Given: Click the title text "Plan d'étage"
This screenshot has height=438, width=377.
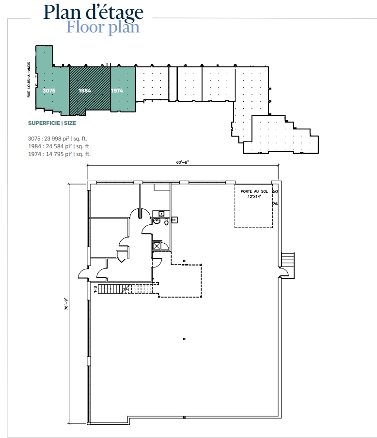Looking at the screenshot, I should tap(93, 12).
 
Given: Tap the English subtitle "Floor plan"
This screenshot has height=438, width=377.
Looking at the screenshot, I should tap(103, 27).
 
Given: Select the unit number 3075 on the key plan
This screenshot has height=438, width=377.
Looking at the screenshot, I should tap(49, 91).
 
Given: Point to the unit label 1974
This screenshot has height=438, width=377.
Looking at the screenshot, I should tap(117, 91).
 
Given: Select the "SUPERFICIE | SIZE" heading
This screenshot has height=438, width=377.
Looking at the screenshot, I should tap(52, 123).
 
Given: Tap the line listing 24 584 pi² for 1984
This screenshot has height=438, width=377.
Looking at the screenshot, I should tap(59, 146).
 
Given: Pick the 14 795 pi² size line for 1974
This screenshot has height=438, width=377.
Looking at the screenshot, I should tap(59, 154).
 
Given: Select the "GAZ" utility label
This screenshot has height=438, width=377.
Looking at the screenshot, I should tap(275, 192).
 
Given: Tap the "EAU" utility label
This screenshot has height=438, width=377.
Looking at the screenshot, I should tap(275, 203).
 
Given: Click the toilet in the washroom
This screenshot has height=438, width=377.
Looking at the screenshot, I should tap(166, 222).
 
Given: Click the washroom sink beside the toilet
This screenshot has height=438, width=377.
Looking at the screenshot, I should tap(157, 221).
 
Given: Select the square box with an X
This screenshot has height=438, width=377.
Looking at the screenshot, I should tap(157, 246).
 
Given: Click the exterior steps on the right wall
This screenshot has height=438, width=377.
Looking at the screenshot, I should tap(288, 265).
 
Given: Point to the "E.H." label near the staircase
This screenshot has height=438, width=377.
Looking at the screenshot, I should tap(95, 290).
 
